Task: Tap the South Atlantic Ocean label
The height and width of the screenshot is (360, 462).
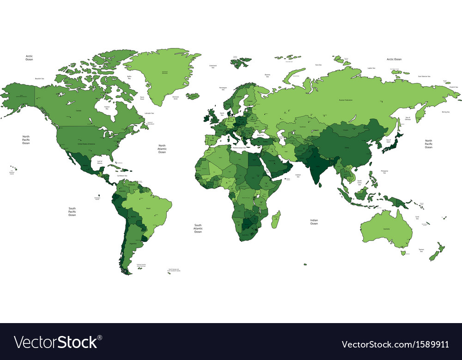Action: [x=198, y=228]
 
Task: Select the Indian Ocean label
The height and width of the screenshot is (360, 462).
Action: [x=314, y=222]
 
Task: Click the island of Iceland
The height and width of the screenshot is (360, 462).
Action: [x=193, y=96]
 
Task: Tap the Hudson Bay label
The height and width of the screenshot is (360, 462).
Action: [x=107, y=108]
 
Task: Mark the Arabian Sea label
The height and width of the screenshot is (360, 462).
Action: [x=298, y=175]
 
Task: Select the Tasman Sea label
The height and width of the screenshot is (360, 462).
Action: [x=421, y=250]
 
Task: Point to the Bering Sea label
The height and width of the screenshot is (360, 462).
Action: [x=445, y=112]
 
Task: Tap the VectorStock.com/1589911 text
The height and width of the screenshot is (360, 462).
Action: [x=395, y=344]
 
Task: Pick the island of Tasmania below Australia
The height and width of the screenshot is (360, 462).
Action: [x=403, y=252]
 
